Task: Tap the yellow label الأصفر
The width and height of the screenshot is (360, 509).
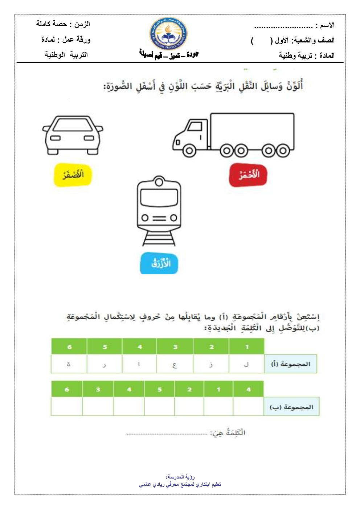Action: click(x=73, y=175)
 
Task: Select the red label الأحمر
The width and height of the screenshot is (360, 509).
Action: click(x=248, y=175)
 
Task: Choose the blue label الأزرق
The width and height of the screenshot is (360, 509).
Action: click(x=159, y=263)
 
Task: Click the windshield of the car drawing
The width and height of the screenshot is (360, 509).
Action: click(x=73, y=125)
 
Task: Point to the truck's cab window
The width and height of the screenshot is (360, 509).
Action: click(x=195, y=126)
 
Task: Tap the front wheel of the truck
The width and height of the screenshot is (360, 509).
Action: click(x=189, y=151)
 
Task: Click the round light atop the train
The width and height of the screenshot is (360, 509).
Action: click(x=159, y=181)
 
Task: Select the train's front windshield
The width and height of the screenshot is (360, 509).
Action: click(x=159, y=198)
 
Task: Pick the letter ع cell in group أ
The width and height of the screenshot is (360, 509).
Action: click(x=175, y=364)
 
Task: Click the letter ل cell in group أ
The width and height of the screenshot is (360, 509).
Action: click(x=246, y=364)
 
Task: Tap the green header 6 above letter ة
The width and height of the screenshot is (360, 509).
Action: click(x=69, y=347)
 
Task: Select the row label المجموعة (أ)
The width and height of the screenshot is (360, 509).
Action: click(x=291, y=364)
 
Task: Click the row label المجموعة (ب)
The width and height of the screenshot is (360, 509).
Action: click(x=291, y=407)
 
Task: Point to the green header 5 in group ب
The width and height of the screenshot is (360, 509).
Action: click(x=160, y=390)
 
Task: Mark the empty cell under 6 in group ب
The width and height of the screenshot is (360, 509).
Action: click(x=67, y=406)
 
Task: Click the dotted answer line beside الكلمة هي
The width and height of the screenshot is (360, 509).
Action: click(x=167, y=434)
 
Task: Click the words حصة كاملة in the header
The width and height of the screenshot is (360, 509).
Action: click(x=51, y=24)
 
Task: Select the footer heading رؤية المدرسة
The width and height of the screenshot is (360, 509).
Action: click(x=180, y=477)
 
